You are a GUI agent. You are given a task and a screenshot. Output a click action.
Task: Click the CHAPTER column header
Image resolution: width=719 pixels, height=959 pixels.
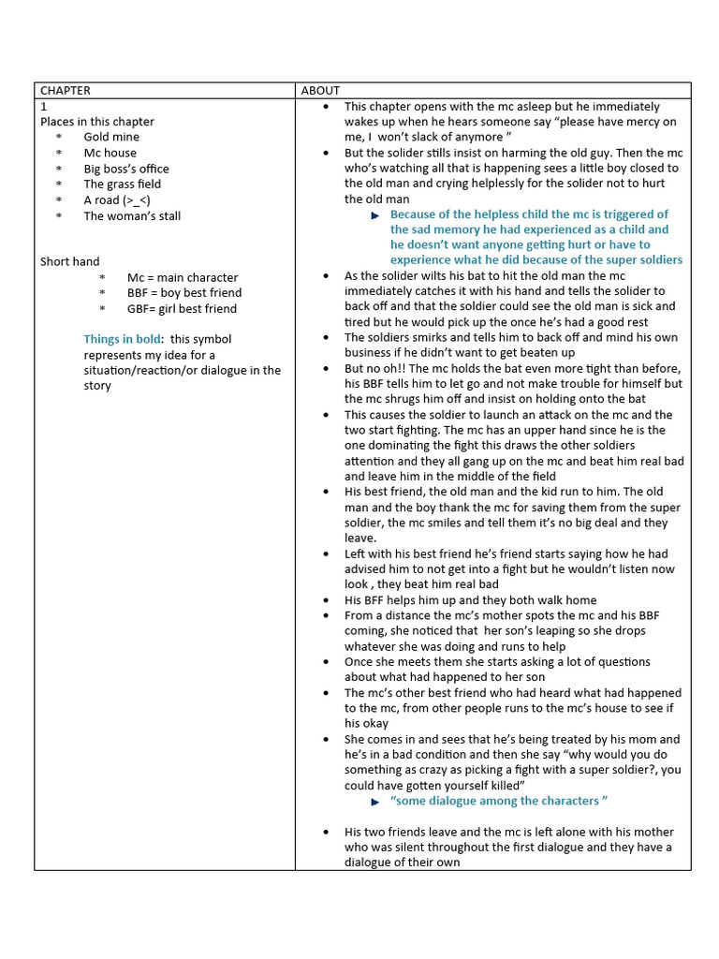(66, 91)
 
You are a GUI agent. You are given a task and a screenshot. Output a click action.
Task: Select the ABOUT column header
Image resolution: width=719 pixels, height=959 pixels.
(321, 91)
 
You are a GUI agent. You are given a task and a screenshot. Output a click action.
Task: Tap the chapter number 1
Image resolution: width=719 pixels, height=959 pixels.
(43, 107)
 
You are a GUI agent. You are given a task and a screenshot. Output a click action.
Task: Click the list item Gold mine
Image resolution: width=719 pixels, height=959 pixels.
(111, 138)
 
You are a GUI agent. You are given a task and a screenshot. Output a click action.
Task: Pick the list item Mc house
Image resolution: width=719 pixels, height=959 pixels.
(110, 153)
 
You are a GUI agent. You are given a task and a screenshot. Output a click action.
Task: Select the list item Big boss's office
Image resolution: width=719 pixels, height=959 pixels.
(126, 169)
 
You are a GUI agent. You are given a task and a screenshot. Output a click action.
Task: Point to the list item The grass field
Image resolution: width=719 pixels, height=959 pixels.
(123, 184)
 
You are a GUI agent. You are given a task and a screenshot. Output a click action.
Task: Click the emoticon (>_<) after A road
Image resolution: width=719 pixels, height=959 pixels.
(137, 200)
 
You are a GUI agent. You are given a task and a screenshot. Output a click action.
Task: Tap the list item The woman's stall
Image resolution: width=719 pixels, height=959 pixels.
(132, 215)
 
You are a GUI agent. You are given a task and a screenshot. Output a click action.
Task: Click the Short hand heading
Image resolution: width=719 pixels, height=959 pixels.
(69, 262)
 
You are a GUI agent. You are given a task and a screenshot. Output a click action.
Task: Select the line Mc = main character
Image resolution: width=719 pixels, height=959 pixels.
(183, 277)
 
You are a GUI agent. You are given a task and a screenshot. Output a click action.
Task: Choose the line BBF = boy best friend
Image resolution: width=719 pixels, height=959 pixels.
(184, 293)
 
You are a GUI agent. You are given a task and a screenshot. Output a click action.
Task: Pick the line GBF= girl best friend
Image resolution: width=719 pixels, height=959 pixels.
(182, 309)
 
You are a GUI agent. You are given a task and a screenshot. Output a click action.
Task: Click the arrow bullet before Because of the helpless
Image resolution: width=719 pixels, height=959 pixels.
(375, 215)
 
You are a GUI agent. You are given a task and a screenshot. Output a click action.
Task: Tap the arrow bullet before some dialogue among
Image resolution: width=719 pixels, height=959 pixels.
(375, 802)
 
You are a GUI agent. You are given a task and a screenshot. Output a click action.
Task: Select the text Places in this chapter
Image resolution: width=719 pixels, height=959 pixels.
(97, 122)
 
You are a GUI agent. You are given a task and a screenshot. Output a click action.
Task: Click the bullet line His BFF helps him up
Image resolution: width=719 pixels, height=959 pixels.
(470, 600)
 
